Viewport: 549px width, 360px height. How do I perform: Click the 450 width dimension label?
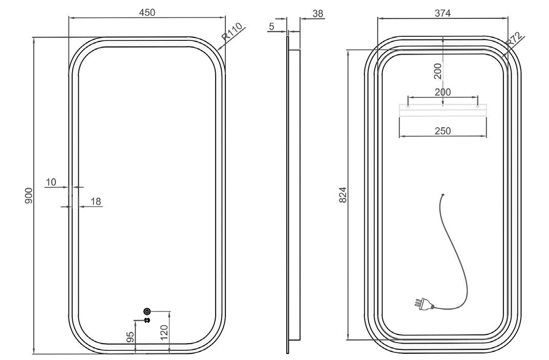147,12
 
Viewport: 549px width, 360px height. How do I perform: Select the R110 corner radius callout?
232,32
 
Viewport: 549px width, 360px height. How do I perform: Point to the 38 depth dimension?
317,14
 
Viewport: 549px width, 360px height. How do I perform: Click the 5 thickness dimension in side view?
272,26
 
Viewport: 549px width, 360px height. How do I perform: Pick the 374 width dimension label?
443,13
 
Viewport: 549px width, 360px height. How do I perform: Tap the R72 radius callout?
515,39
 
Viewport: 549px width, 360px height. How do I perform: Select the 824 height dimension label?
343,195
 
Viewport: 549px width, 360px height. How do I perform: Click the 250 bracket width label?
443,131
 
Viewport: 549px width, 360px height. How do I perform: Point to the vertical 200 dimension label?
438,71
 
